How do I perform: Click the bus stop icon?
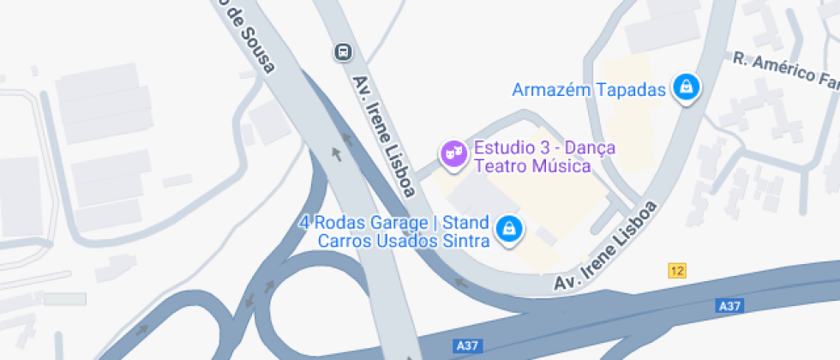(x=343, y=52)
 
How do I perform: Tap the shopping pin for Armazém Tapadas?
(x=686, y=87)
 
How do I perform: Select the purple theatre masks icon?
(x=452, y=153)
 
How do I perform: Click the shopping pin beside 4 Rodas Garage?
(x=510, y=229)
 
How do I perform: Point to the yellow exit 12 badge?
(x=677, y=271)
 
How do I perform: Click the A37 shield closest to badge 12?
(x=729, y=306)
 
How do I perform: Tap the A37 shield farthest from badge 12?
(x=466, y=345)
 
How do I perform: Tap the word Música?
(x=561, y=166)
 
